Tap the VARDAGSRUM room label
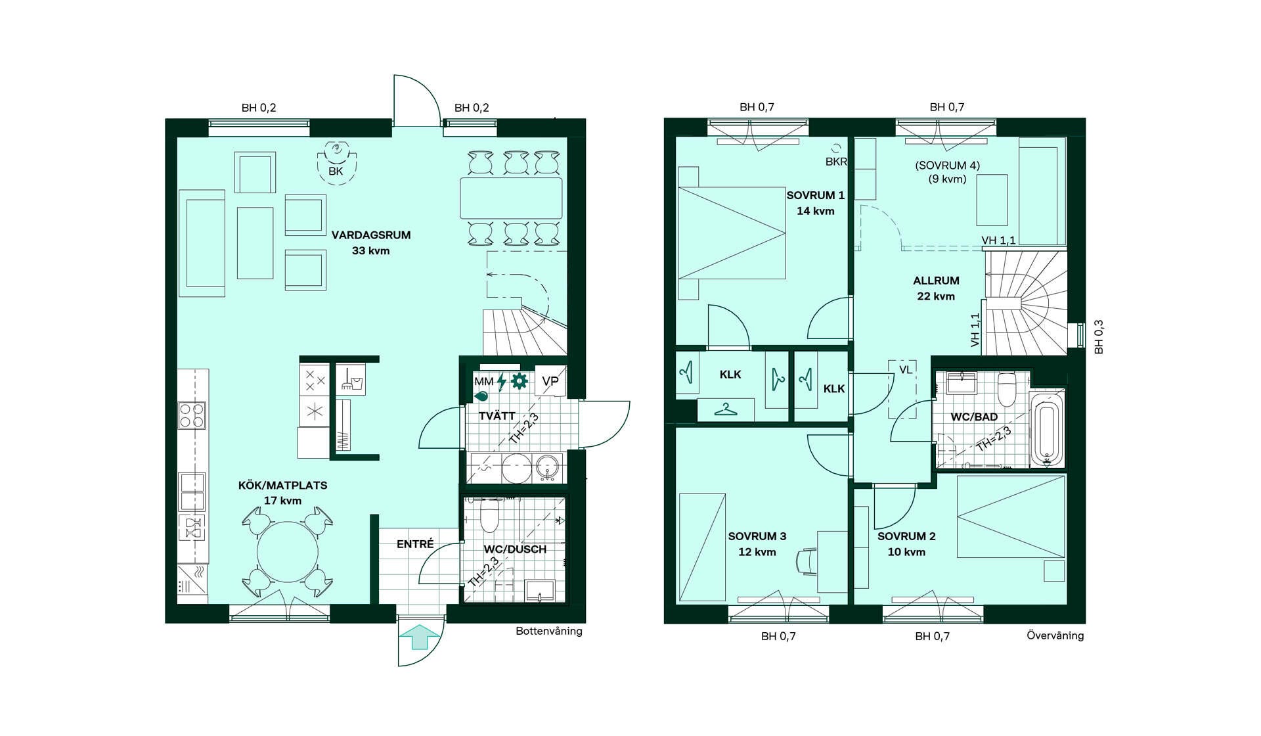click(x=371, y=235)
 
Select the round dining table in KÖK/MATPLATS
click(x=288, y=551)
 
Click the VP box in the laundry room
click(x=550, y=381)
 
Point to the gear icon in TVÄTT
click(x=520, y=380)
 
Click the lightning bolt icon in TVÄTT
click(x=502, y=382)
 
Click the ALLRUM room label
click(x=936, y=281)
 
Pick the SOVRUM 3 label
click(x=757, y=536)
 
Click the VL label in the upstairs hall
click(x=906, y=370)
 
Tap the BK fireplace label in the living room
click(x=336, y=172)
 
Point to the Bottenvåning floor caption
click(x=549, y=632)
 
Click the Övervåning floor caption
click(x=1055, y=635)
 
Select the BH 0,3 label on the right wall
click(x=1099, y=337)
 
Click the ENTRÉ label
click(x=415, y=544)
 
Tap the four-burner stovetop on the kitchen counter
click(x=192, y=415)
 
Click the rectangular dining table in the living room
click(x=511, y=198)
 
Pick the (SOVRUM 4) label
click(x=947, y=166)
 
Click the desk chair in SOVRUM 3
click(x=806, y=563)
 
